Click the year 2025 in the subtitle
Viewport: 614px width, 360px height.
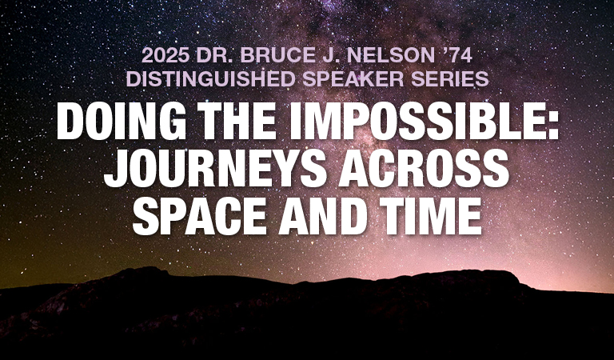tap(166, 56)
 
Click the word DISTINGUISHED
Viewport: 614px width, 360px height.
tap(210, 79)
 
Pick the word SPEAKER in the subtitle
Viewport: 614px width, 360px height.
tap(353, 79)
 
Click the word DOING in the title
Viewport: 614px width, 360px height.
tap(121, 122)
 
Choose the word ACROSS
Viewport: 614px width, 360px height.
tap(424, 169)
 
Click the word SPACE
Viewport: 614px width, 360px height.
tap(200, 216)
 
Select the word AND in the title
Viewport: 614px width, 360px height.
tap(323, 216)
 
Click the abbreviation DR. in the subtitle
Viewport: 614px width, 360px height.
tap(214, 56)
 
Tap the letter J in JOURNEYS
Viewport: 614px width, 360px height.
tap(115, 170)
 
